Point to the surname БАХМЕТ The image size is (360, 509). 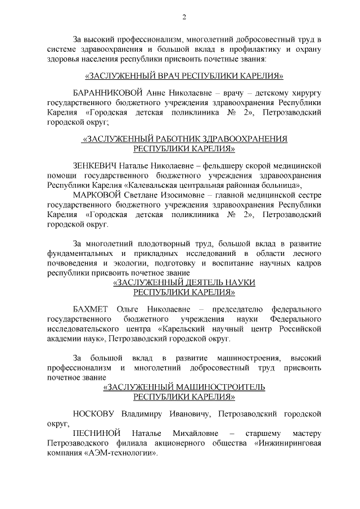91,309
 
